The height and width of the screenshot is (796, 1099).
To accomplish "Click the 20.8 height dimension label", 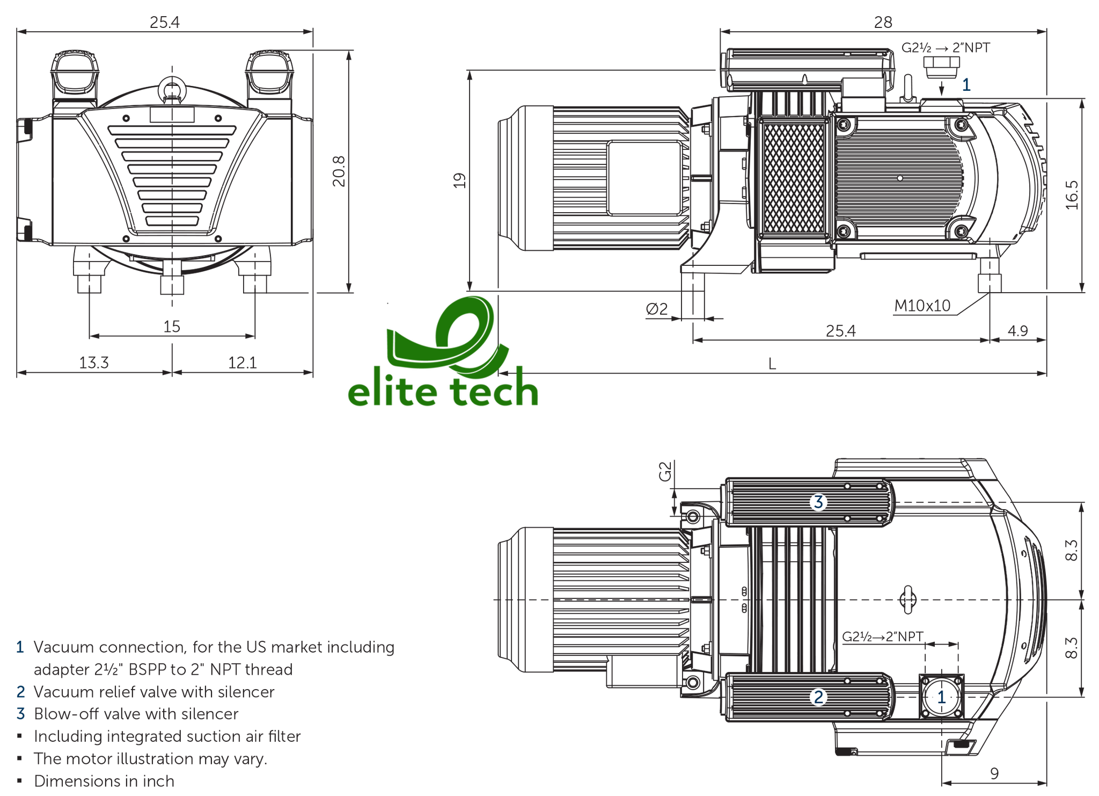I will pyautogui.click(x=339, y=171).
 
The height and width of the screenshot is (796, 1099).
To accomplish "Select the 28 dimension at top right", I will pyautogui.click(x=883, y=22).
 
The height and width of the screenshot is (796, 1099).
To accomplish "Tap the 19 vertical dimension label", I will pyautogui.click(x=459, y=180).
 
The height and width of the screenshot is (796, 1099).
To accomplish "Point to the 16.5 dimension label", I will pyautogui.click(x=1071, y=194).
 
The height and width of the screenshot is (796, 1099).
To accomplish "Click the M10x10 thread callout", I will pyautogui.click(x=922, y=306).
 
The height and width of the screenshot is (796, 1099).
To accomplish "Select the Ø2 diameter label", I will pyautogui.click(x=657, y=309).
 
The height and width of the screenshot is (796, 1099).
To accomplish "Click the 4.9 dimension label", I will pyautogui.click(x=1017, y=331).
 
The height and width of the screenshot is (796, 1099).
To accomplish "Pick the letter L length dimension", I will pyautogui.click(x=772, y=365).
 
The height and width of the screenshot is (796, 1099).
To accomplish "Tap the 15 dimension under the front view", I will pyautogui.click(x=172, y=327).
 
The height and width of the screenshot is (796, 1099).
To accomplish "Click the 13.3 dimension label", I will pyautogui.click(x=94, y=363).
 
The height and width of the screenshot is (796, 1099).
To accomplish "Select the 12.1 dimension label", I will pyautogui.click(x=243, y=363).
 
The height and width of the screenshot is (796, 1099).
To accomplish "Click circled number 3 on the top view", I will pyautogui.click(x=818, y=502).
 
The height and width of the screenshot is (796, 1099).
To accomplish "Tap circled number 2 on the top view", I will pyautogui.click(x=818, y=697).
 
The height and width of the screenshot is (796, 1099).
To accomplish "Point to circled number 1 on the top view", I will pyautogui.click(x=941, y=697).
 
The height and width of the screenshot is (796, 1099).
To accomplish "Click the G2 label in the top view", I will pyautogui.click(x=665, y=472).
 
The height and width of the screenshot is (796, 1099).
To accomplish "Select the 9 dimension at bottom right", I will pyautogui.click(x=994, y=773).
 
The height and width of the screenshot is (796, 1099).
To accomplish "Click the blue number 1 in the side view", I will pyautogui.click(x=966, y=85).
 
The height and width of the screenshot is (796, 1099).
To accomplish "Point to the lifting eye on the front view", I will pyautogui.click(x=172, y=86).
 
